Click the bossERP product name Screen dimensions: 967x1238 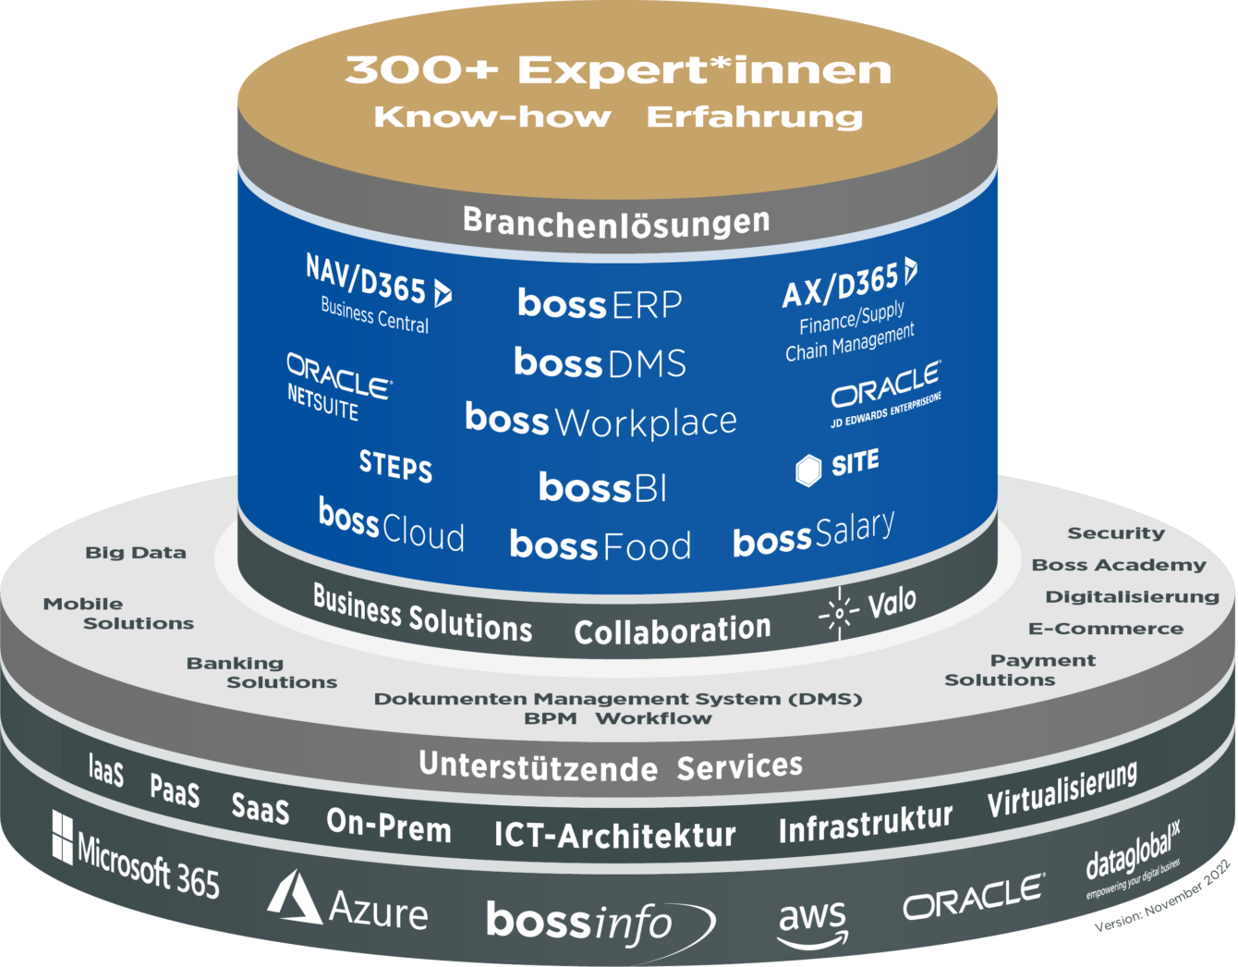(x=600, y=303)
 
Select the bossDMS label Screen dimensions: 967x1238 (x=600, y=362)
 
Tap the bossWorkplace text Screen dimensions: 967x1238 (x=601, y=421)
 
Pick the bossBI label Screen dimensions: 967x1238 (x=602, y=487)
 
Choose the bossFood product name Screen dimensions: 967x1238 (x=600, y=545)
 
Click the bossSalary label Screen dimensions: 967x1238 (x=813, y=534)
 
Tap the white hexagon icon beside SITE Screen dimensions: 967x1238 (x=808, y=470)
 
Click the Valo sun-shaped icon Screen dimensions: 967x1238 (x=839, y=613)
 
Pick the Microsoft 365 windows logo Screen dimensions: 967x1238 (x=62, y=836)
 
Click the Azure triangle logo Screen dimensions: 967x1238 (x=294, y=897)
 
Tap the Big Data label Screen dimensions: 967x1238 (x=136, y=553)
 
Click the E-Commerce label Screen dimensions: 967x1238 (x=1105, y=629)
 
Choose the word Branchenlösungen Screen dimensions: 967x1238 (x=616, y=222)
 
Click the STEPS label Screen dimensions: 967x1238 (x=395, y=466)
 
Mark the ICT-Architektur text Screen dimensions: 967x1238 (x=614, y=835)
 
